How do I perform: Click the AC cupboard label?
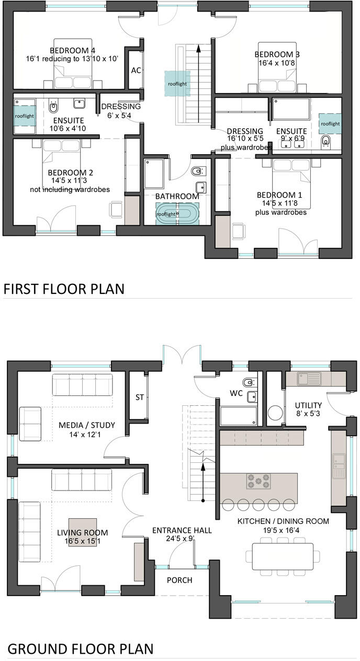click(x=136, y=71)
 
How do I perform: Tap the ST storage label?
click(x=140, y=397)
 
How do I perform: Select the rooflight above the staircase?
click(x=177, y=84)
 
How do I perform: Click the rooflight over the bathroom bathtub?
click(x=167, y=214)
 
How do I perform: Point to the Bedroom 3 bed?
click(x=278, y=78)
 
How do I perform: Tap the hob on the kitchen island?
click(x=258, y=480)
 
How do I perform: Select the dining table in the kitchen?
click(x=286, y=554)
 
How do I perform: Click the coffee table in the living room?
click(x=83, y=532)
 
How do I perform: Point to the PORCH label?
click(x=179, y=580)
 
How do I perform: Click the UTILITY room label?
click(x=308, y=405)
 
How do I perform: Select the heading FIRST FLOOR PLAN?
click(x=64, y=289)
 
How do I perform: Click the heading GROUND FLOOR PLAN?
click(x=81, y=649)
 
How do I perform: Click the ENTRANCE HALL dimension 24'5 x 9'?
click(x=182, y=539)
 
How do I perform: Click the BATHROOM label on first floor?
click(x=177, y=196)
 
